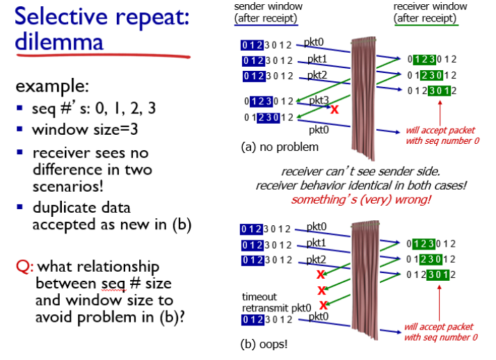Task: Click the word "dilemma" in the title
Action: click(x=59, y=42)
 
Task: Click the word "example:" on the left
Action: click(x=52, y=85)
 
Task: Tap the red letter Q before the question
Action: click(x=24, y=267)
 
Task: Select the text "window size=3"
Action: click(x=85, y=129)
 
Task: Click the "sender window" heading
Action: click(x=269, y=6)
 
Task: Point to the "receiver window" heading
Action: click(x=430, y=6)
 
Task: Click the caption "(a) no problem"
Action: click(x=280, y=147)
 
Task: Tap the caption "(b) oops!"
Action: click(x=264, y=344)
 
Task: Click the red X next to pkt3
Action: click(x=335, y=109)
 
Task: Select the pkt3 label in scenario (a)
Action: click(x=319, y=100)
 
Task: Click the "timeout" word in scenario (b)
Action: click(x=259, y=297)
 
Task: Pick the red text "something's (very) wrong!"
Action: click(x=361, y=199)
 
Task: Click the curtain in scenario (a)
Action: click(x=363, y=98)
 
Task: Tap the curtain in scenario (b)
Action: click(x=365, y=280)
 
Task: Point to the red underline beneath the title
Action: click(x=103, y=56)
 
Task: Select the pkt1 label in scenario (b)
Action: click(x=316, y=243)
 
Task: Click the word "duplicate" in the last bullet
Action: click(x=81, y=208)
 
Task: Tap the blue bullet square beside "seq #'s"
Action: click(x=19, y=108)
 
